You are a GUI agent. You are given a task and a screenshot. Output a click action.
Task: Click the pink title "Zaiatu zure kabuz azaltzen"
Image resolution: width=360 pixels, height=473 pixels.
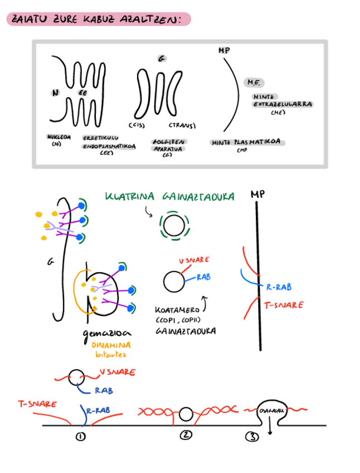98,20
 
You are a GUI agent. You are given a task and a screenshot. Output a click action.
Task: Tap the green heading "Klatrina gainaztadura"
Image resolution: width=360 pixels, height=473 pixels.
169,197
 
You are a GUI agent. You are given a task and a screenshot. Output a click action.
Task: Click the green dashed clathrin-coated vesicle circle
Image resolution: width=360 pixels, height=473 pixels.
174,226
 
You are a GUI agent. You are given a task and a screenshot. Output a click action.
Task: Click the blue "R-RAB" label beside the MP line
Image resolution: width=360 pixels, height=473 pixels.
279,287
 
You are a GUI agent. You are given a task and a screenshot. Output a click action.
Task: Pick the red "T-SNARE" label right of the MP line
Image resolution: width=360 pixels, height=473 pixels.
284,305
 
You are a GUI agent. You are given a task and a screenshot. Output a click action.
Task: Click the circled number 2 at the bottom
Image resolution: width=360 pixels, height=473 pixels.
186,436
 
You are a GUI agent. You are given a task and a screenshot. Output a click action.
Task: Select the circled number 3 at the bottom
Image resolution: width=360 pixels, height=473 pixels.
252,437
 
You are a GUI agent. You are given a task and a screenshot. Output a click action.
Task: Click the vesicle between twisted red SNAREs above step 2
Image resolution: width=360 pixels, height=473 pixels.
186,414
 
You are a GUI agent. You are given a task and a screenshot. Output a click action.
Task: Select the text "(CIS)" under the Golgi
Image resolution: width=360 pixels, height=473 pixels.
137,126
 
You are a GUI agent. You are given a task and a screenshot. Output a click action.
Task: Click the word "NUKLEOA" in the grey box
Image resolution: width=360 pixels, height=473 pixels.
59,136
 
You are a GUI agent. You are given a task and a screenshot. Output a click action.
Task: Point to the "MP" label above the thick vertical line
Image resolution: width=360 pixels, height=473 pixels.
257,195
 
